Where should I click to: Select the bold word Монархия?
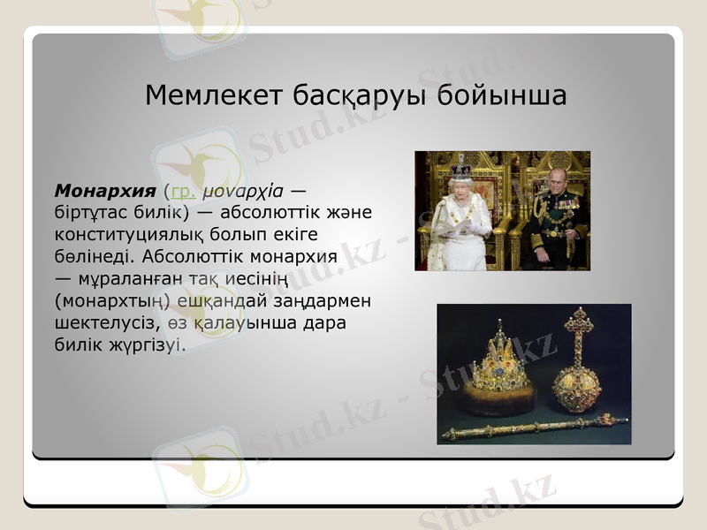106,190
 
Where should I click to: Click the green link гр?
182,190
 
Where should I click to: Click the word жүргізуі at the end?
155,344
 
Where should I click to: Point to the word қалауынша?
243,322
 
